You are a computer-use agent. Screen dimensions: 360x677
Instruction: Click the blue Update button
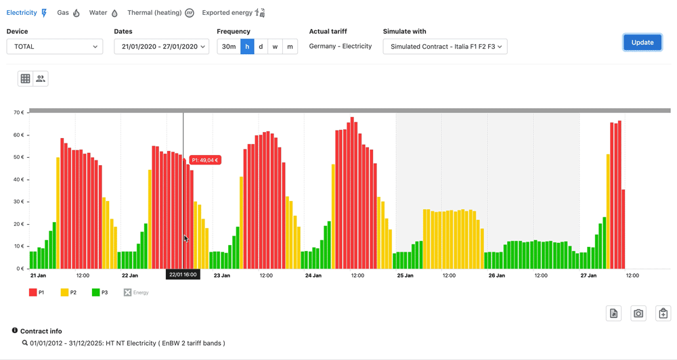[642, 42]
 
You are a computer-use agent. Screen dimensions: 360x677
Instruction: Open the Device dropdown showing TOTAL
[55, 47]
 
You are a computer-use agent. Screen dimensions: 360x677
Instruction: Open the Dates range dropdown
[161, 47]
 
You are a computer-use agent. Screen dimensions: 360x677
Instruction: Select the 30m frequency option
[229, 47]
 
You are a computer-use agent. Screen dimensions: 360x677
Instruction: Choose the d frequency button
[261, 47]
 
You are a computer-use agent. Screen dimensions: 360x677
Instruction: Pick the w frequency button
[276, 47]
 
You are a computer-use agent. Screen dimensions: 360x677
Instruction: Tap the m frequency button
[290, 47]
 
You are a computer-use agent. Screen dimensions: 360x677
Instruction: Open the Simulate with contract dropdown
[445, 47]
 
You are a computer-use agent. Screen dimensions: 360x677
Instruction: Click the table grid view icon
[25, 78]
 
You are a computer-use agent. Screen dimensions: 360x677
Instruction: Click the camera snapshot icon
[638, 313]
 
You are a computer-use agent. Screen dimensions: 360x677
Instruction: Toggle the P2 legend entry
[68, 292]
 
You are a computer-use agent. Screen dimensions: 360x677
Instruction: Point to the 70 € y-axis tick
[18, 112]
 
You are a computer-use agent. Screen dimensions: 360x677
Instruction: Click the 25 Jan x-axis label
[405, 275]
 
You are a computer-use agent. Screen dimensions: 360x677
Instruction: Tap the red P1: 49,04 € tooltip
[205, 160]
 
